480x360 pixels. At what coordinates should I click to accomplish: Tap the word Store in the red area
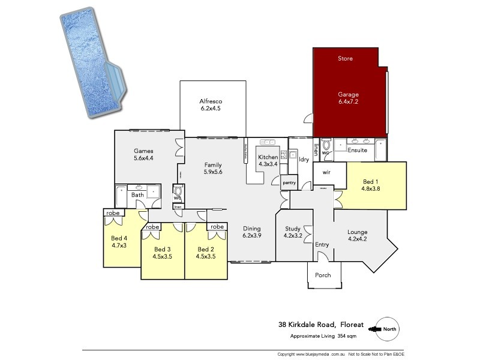pos(345,59)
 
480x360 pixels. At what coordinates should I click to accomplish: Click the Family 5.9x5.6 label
pos(213,169)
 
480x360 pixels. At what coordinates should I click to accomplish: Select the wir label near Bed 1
pos(327,172)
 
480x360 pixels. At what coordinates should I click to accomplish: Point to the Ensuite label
pos(357,150)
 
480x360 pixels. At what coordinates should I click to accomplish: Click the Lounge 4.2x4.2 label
pos(357,236)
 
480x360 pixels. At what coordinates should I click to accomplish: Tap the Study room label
pos(292,232)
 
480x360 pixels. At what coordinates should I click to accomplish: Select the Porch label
pos(323,275)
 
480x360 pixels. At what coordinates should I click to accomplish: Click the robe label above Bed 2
pos(217,227)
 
